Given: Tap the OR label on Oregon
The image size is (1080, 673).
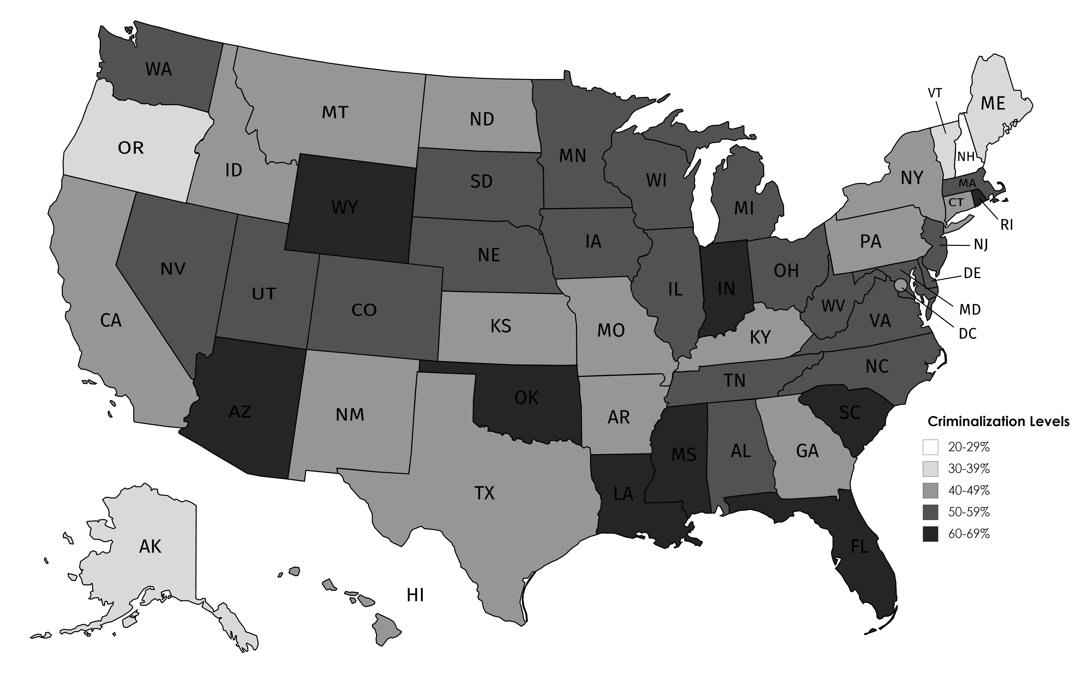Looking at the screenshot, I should coord(131,148).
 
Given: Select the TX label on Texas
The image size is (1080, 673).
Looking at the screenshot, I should coord(484,493).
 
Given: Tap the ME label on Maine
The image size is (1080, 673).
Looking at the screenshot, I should coord(993,104).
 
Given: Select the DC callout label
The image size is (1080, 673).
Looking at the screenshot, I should coord(968,333).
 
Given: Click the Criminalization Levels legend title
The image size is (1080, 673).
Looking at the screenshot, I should coord(998,422).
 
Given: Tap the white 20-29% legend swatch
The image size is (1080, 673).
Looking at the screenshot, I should coord(930,447).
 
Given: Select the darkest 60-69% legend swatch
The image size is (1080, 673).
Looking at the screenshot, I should coord(930,534).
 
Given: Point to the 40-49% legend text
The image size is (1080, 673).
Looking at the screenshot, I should coord(969,490).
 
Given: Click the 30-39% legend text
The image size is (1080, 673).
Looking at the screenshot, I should coord(969,469).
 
